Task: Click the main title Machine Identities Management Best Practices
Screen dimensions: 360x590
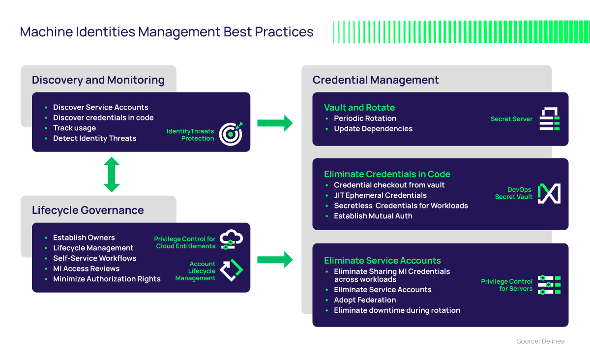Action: click(167, 32)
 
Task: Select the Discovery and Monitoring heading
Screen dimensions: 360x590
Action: click(98, 80)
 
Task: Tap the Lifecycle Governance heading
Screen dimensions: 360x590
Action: click(88, 210)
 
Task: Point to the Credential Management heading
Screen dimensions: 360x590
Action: click(376, 80)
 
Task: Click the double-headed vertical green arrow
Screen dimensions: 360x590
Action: click(112, 175)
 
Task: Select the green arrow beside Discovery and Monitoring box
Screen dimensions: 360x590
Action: click(275, 122)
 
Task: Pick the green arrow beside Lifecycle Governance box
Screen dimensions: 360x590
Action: click(275, 259)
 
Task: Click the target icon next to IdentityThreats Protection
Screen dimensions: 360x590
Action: click(231, 133)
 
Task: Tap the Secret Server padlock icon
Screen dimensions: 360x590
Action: click(550, 119)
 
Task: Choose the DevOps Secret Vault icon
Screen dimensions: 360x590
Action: click(549, 193)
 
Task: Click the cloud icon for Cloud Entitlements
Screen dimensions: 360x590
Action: click(231, 240)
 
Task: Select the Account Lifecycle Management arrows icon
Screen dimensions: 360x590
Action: click(231, 270)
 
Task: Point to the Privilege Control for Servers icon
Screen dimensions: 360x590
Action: click(549, 285)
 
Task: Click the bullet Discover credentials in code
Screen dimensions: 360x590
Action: click(103, 118)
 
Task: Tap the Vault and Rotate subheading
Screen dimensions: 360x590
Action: click(359, 108)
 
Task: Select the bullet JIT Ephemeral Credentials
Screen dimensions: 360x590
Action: click(380, 195)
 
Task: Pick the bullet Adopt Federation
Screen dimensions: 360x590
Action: click(365, 300)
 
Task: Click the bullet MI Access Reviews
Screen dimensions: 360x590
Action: click(86, 269)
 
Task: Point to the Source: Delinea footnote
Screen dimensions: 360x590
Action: click(540, 341)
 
